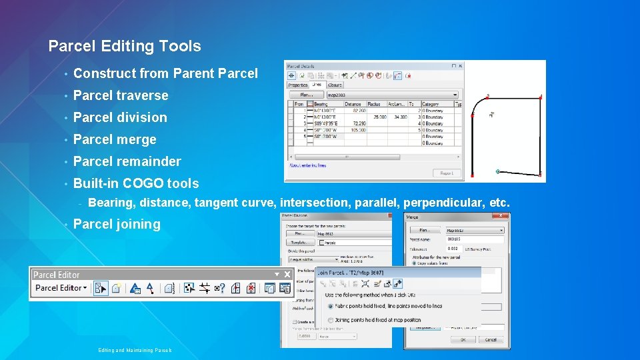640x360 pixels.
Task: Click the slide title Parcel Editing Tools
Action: pos(125,46)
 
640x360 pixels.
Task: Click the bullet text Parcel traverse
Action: pos(121,95)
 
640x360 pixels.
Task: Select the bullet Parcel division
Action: pos(120,117)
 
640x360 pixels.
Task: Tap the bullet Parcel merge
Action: pos(115,139)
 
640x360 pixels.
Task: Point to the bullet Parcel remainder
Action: pos(127,161)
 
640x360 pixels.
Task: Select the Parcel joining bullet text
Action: pos(117,224)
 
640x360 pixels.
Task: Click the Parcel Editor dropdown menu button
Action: pos(61,288)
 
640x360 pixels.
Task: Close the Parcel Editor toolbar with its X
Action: pos(287,275)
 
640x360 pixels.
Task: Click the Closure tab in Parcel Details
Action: pos(335,85)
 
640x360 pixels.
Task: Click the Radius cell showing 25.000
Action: pos(379,117)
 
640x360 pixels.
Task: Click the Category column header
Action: pos(431,104)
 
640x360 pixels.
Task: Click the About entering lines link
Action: pos(309,165)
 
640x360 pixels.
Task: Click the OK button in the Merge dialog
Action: pos(462,339)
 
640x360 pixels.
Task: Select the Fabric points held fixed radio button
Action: pos(331,306)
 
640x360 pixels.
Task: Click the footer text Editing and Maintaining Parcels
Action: pos(135,350)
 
